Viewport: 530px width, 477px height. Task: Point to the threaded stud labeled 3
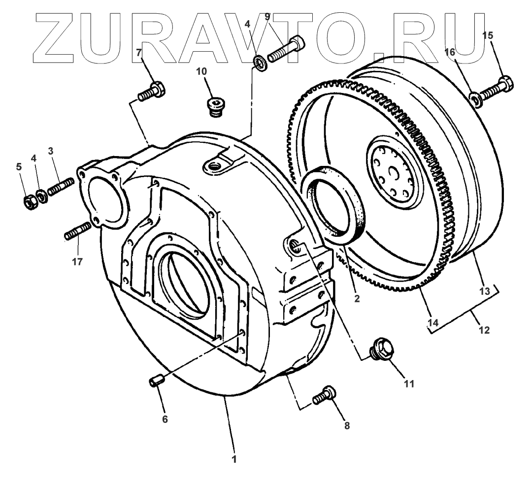click(61, 187)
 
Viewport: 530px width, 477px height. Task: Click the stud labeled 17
click(78, 231)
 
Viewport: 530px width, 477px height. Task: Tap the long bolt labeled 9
click(286, 49)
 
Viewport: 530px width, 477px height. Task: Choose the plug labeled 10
click(216, 107)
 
